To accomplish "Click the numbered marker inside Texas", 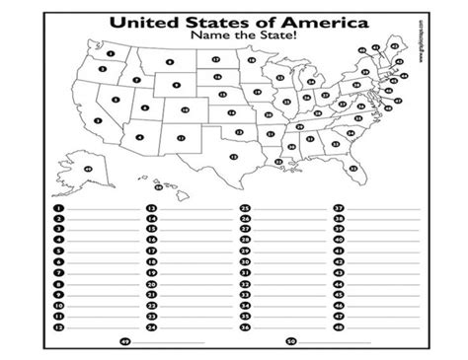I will click(x=233, y=157).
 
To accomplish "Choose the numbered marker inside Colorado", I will click(x=179, y=110).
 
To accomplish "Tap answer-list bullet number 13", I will click(x=151, y=209).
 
